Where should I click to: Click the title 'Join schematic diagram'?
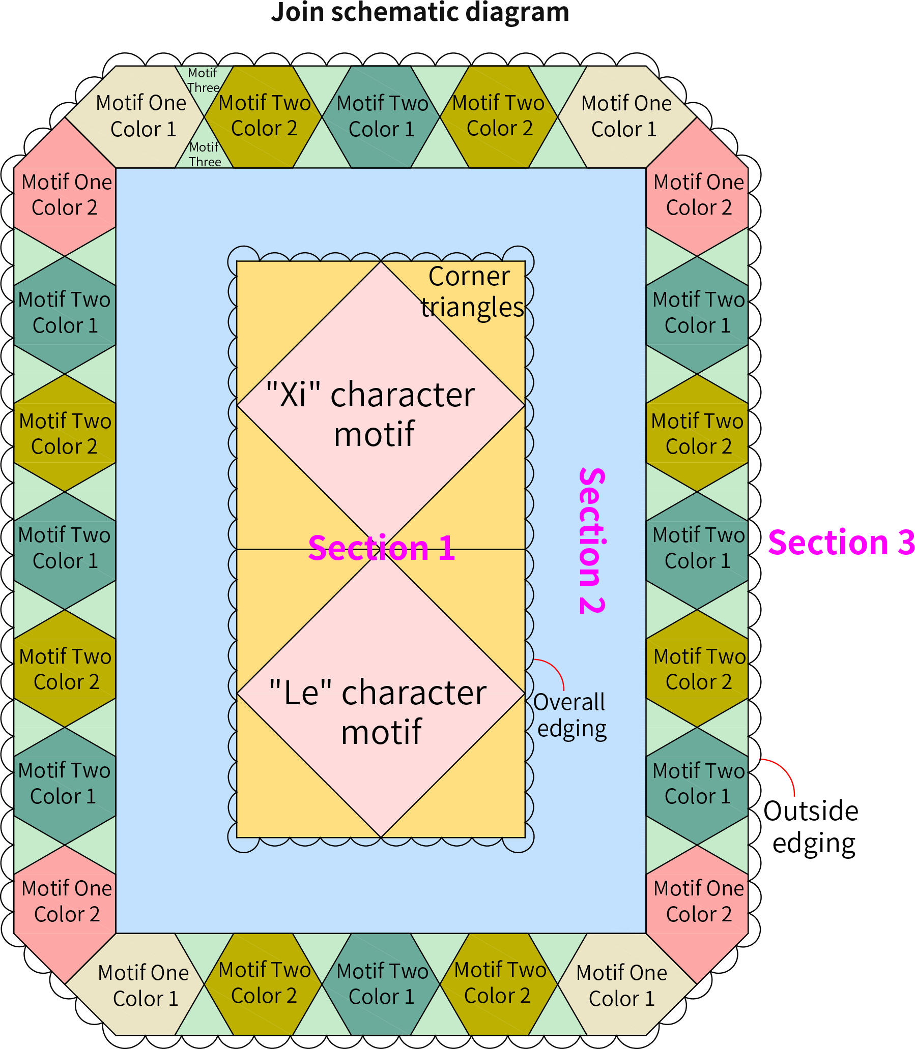(420, 12)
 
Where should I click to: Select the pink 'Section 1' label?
(382, 549)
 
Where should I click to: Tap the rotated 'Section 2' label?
(592, 541)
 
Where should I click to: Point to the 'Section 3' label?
(841, 543)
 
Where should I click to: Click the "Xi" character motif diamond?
(381, 406)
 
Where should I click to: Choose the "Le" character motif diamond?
(381, 694)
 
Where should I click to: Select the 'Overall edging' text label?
(570, 716)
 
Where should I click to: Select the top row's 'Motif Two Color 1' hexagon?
(381, 117)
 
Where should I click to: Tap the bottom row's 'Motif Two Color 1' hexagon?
(381, 984)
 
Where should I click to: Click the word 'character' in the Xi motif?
(403, 395)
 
